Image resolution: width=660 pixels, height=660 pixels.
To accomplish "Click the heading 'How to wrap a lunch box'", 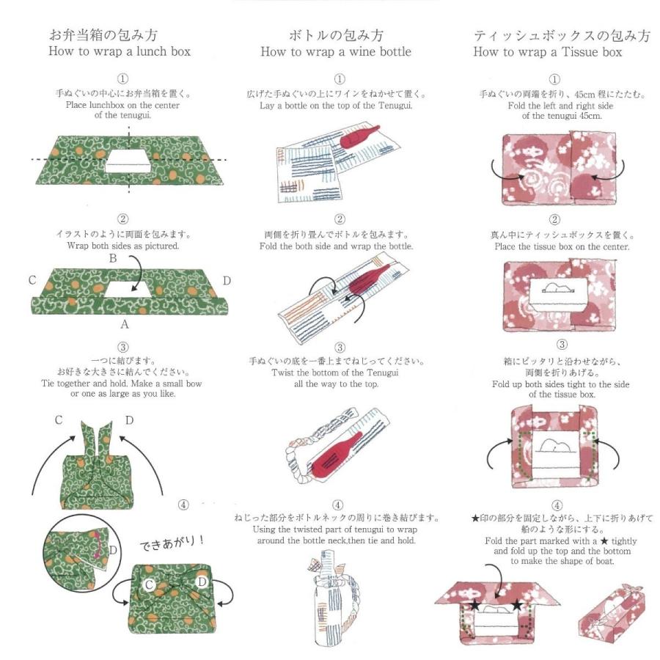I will [119, 52].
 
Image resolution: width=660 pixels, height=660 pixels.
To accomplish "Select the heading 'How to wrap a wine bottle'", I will [336, 52].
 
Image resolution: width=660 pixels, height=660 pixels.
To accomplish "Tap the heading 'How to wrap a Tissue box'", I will [548, 52].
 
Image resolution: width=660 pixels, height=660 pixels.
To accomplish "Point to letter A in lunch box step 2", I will [125, 323].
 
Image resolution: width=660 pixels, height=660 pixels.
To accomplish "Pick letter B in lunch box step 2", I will [113, 259].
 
